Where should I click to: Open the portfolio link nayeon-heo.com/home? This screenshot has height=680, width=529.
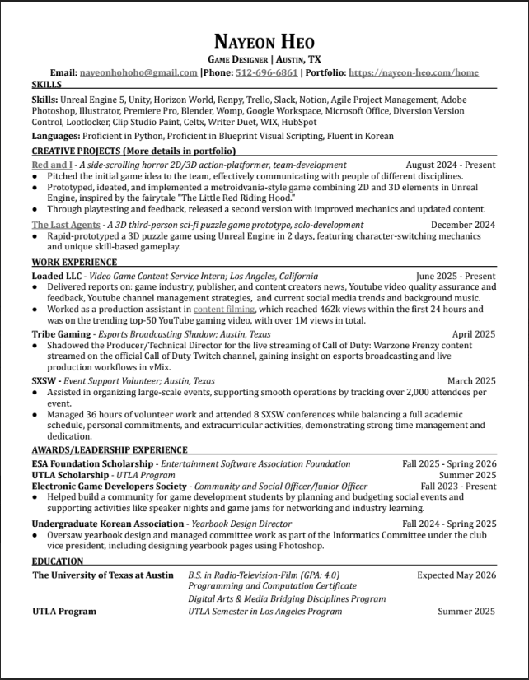click(414, 72)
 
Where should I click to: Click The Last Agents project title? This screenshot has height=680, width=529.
click(67, 224)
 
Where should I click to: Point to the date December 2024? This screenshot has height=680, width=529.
click(463, 224)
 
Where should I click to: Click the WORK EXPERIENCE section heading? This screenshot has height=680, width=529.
click(74, 263)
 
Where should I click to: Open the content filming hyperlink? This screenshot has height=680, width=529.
click(225, 309)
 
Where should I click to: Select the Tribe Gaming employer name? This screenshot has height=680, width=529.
click(63, 334)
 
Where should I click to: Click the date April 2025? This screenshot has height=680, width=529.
click(474, 334)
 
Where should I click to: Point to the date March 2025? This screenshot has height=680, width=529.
click(471, 381)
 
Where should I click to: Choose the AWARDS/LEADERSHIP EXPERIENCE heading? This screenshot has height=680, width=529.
click(110, 450)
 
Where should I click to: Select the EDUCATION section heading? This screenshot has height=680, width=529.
click(59, 561)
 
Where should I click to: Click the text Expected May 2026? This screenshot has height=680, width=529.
click(456, 575)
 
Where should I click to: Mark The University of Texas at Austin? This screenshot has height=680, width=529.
click(103, 575)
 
